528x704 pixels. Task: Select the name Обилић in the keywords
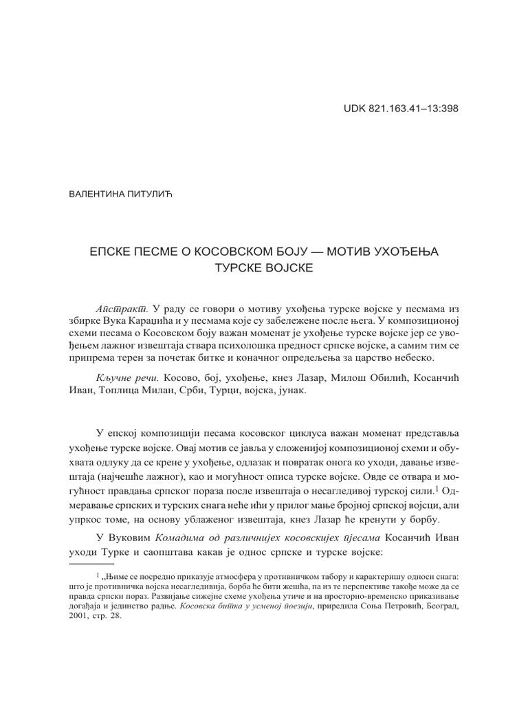[x=372, y=379]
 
